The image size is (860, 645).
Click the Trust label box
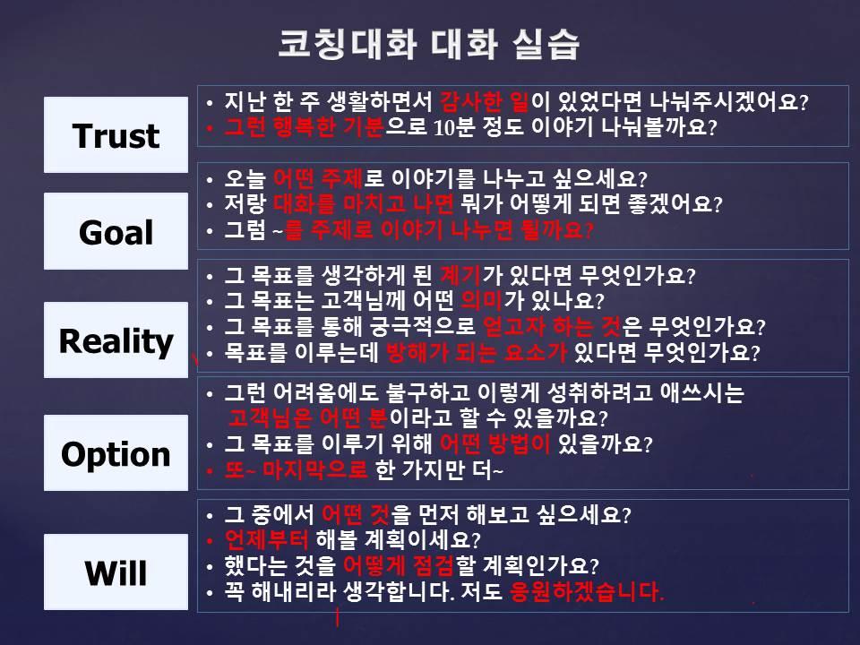116,135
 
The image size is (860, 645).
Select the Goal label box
116,231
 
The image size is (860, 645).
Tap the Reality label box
116,340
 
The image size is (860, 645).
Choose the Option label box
116,453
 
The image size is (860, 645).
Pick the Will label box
116,572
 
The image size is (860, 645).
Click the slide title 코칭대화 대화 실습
428,44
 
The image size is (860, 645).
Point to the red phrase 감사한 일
485,101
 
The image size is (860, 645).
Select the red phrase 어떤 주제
318,178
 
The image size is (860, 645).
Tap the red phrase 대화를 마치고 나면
363,204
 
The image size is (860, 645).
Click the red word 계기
460,275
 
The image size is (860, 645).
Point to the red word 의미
482,301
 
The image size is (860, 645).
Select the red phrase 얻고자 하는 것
552,327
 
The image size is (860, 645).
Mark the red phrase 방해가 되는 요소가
477,352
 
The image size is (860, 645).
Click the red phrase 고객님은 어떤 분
307,418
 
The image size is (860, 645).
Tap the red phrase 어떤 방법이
495,443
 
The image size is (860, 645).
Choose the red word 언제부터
267,539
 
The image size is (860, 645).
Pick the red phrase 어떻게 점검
399,565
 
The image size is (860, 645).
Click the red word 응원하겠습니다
587,591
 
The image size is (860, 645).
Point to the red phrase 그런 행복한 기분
304,127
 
